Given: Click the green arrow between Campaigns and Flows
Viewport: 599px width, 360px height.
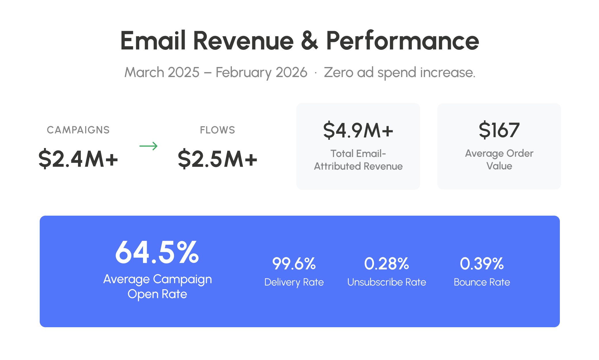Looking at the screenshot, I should [x=148, y=146].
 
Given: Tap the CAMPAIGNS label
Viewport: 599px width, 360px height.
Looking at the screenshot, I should [x=78, y=130].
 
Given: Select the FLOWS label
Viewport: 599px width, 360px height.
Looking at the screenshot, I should [x=218, y=130].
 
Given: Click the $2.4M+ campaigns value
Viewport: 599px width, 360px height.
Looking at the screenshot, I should [x=78, y=159].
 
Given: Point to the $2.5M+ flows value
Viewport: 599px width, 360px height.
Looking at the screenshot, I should [x=218, y=159].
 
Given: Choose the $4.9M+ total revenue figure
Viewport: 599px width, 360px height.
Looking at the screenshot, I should [x=358, y=131].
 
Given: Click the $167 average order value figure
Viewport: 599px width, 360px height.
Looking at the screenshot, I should [x=499, y=130].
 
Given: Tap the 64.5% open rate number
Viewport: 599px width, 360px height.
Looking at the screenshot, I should [x=157, y=252].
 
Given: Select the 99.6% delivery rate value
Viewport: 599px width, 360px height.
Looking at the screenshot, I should [x=294, y=264].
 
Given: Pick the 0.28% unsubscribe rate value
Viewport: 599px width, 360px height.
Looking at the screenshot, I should [x=387, y=264].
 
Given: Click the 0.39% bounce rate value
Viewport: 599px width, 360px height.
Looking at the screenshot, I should [x=482, y=264].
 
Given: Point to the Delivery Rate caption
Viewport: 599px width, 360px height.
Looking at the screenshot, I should [x=294, y=282].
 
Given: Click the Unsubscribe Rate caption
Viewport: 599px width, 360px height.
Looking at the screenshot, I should [x=387, y=282].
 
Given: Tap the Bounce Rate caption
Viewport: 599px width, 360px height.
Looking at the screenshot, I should [x=482, y=282].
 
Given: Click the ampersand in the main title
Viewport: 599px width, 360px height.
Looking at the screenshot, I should [x=310, y=41].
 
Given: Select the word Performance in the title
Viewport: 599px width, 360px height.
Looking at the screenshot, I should [x=402, y=41].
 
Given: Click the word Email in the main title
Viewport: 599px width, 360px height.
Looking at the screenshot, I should [x=153, y=41].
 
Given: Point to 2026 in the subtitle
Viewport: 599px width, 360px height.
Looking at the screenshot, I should [x=291, y=72].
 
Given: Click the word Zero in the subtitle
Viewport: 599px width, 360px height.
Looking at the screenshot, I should [x=339, y=72].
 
